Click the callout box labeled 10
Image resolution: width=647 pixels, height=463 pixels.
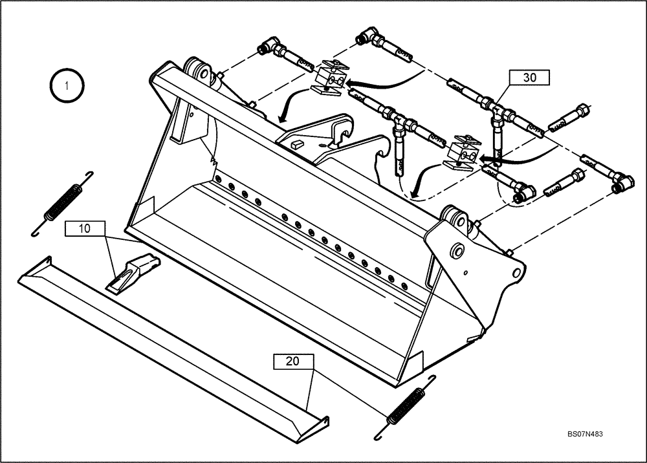85,228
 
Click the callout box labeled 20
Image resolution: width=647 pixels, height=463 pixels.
293,361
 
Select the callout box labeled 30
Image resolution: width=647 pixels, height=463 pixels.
529,78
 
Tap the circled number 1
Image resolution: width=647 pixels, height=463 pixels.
65,85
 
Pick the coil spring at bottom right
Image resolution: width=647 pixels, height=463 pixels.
406,407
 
